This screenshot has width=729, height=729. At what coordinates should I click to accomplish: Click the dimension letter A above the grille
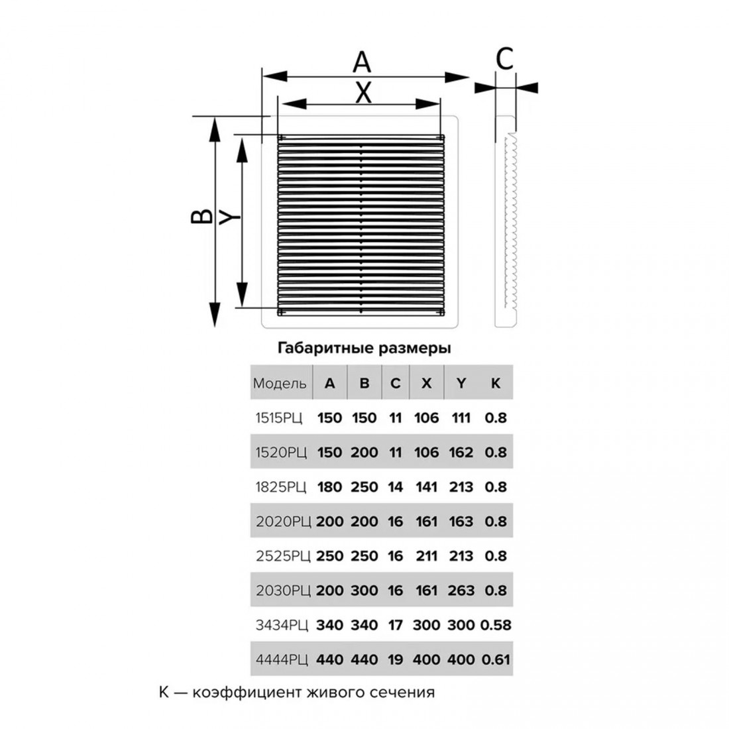(x=362, y=62)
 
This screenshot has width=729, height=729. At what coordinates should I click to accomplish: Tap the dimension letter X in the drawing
(x=363, y=93)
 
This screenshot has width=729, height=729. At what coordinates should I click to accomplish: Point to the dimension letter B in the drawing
(x=201, y=217)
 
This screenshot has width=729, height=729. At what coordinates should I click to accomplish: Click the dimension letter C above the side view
(x=505, y=60)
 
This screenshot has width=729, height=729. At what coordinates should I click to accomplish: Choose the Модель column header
(x=280, y=384)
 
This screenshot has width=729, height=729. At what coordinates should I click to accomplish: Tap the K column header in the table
(x=495, y=384)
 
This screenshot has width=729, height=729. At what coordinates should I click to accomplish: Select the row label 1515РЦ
(x=281, y=418)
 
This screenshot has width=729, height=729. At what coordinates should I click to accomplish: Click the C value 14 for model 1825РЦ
(x=396, y=487)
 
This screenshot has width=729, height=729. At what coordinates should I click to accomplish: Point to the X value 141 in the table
(x=427, y=487)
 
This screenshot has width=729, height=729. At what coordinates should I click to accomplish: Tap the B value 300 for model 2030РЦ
(x=364, y=590)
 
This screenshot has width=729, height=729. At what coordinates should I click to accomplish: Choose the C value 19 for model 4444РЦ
(x=396, y=660)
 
